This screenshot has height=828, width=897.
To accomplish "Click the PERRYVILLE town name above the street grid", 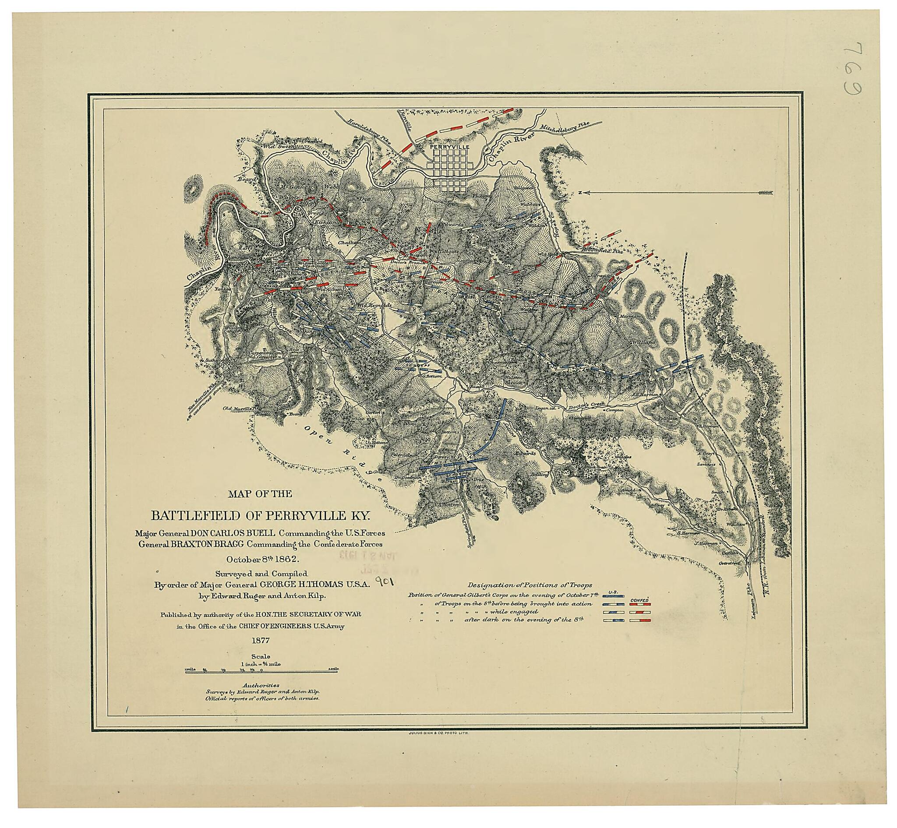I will pyautogui.click(x=449, y=147).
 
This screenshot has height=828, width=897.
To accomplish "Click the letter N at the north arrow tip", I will pyautogui.click(x=580, y=193).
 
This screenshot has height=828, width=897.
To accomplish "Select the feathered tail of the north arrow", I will pyautogui.click(x=765, y=193).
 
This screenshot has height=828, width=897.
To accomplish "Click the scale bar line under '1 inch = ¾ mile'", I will pyautogui.click(x=261, y=671).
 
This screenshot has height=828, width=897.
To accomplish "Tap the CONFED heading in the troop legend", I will pyautogui.click(x=640, y=599).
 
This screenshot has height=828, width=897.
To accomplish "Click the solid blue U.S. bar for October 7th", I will pyautogui.click(x=614, y=596).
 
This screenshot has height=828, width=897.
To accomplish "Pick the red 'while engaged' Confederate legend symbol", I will pyautogui.click(x=640, y=612).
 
